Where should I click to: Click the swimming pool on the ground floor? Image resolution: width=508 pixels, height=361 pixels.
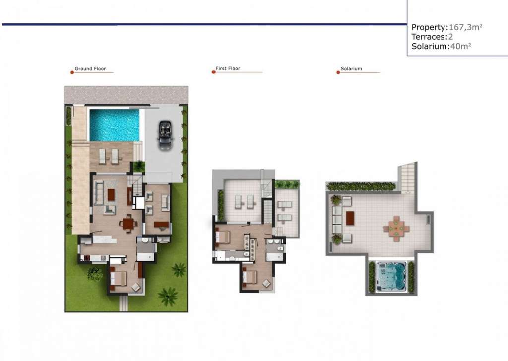(115, 125)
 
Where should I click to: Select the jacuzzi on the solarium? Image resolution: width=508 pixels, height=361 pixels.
(391, 277)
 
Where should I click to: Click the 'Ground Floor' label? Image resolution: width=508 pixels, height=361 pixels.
(90, 68)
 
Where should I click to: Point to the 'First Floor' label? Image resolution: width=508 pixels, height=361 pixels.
(228, 68)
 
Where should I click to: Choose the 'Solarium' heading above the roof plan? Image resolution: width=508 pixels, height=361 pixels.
(352, 68)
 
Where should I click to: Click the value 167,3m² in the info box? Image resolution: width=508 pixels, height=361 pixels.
(465, 27)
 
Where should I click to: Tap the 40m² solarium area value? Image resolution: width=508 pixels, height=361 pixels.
(461, 46)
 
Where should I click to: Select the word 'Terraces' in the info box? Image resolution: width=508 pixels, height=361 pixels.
(428, 37)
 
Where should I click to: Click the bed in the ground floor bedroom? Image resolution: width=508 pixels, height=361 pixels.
(118, 278)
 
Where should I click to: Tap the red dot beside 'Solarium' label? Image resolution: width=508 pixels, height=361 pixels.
(338, 72)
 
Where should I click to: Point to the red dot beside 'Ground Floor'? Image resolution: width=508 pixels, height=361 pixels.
(72, 72)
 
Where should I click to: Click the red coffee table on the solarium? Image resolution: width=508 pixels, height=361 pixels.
(350, 218)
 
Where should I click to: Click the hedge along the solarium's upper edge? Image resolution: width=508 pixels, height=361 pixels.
(361, 186)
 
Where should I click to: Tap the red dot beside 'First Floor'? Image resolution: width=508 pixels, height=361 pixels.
(213, 72)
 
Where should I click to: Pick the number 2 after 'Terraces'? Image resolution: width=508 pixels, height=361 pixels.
(450, 37)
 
